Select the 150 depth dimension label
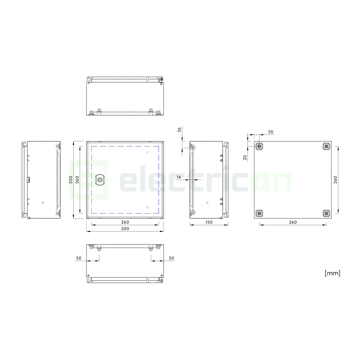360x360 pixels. click(209, 222)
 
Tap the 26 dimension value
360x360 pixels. click(179, 130)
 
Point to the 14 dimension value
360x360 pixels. click(179, 177)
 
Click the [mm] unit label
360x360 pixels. click(332, 273)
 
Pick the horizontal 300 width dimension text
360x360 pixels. click(125, 229)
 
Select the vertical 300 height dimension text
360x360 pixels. click(71, 180)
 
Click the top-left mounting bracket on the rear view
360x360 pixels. click(259, 146)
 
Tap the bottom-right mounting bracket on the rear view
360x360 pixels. click(326, 213)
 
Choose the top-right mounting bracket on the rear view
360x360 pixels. click(326, 146)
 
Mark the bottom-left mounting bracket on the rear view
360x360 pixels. click(259, 213)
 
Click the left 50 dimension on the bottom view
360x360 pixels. click(79, 258)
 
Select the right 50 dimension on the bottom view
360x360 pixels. click(171, 258)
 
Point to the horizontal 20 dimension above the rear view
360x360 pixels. click(271, 132)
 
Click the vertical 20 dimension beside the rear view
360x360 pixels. click(245, 157)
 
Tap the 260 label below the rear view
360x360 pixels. click(293, 222)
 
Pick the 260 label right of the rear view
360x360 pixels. click(335, 180)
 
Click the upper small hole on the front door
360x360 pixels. click(147, 152)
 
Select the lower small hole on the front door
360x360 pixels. click(147, 207)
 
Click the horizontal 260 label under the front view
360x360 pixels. click(125, 222)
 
